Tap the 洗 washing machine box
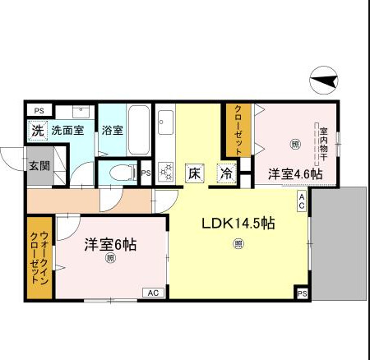(x=37, y=130)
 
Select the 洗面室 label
(x=67, y=130)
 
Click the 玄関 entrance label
(x=39, y=164)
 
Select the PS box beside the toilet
(x=146, y=173)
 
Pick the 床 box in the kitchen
(x=194, y=173)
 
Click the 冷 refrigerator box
(x=225, y=173)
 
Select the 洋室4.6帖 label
(x=294, y=174)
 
